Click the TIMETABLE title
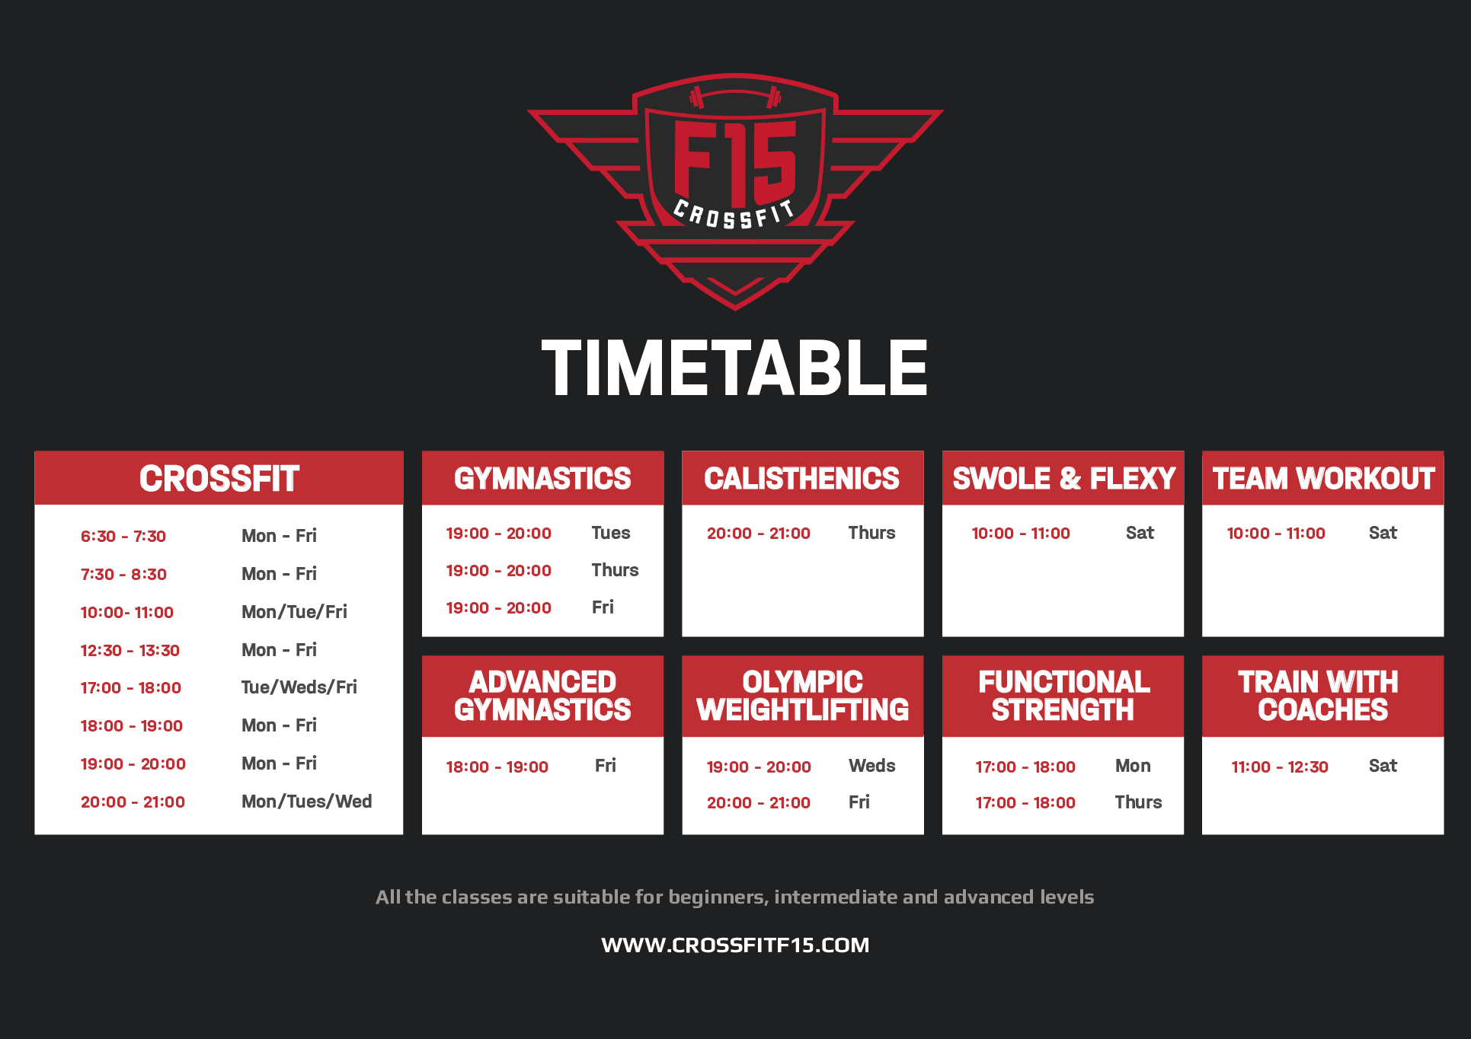(734, 368)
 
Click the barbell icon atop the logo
(735, 97)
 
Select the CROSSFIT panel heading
(219, 479)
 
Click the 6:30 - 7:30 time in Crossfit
(123, 536)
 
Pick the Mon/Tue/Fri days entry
(294, 612)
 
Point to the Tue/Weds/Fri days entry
(299, 687)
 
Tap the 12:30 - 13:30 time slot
(130, 650)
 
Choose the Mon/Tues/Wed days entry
(307, 802)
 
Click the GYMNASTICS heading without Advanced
(543, 479)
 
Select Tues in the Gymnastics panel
(611, 533)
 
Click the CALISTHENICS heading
(802, 479)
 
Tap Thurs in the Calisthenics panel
(872, 533)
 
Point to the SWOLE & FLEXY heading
(1064, 479)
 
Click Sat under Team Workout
(1383, 533)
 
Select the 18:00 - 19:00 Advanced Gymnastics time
(497, 767)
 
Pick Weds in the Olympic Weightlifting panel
(872, 766)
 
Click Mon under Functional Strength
(1133, 766)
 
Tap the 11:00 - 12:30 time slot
(1280, 767)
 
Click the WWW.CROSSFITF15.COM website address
(735, 945)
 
